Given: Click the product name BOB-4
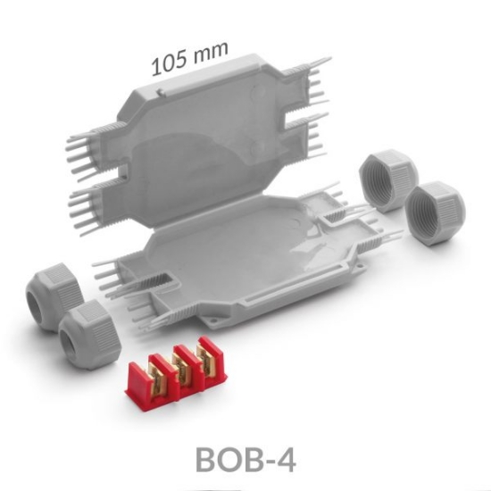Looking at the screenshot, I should [x=245, y=458].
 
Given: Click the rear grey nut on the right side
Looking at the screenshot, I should [x=386, y=179].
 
